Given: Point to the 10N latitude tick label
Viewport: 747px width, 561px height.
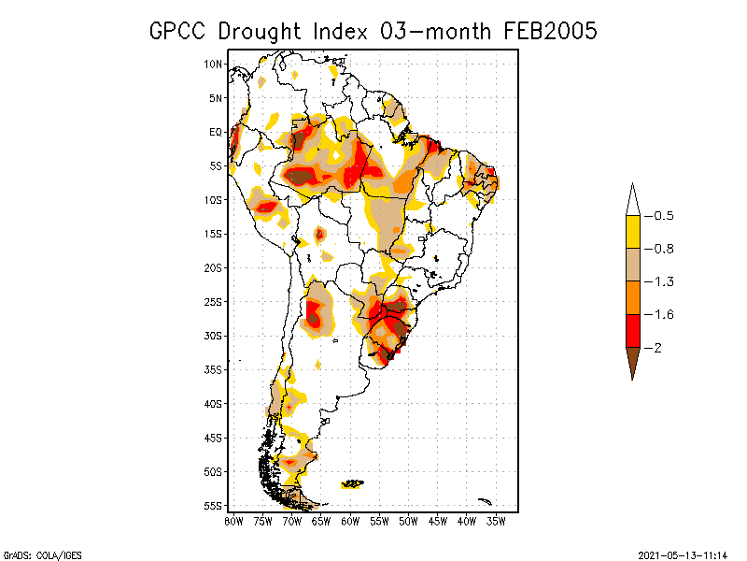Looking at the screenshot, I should tap(214, 64).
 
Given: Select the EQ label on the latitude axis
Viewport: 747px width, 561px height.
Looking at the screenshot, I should tap(216, 132).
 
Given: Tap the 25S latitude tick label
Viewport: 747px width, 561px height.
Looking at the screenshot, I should tap(214, 302).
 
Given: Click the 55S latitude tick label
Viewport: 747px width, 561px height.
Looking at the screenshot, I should tap(214, 506).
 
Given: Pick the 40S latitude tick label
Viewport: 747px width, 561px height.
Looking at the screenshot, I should tap(214, 404).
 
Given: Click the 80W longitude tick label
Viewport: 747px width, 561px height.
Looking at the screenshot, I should tap(233, 520).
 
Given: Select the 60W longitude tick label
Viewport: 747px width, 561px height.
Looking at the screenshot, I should tap(350, 520).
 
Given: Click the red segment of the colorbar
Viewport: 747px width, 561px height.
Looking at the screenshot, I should tap(632, 330).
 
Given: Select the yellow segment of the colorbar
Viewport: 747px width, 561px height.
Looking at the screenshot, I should tap(632, 232).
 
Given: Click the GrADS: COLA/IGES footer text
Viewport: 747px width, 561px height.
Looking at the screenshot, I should tap(34, 554).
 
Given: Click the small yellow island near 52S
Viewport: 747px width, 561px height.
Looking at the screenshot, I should tap(353, 483).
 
